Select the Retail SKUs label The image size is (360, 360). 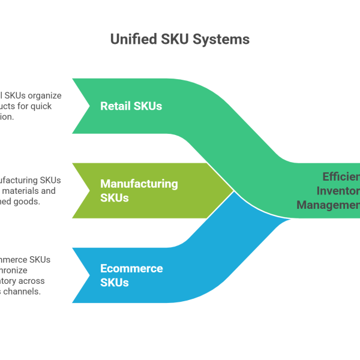[131, 106]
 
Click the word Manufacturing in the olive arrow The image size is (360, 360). [139, 184]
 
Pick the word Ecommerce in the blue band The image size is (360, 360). [131, 268]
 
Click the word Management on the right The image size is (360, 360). [328, 205]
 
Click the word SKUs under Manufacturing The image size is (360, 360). [114, 197]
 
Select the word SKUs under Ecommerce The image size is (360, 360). [114, 282]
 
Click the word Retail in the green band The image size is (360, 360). [115, 106]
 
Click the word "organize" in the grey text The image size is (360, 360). [44, 95]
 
